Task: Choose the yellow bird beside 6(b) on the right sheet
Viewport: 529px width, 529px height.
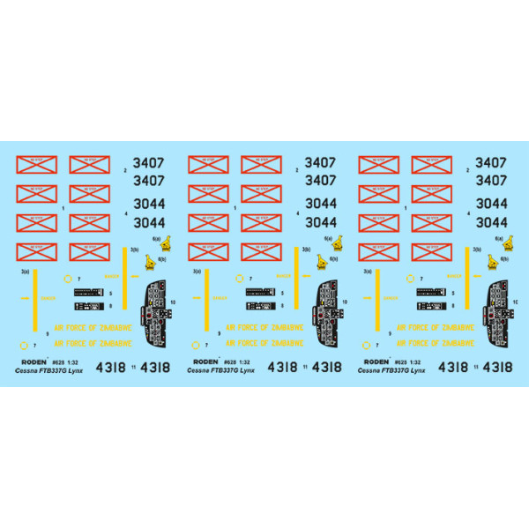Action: point(495,262)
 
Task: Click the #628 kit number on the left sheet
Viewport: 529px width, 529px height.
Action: point(57,361)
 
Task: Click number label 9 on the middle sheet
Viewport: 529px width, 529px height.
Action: point(218,334)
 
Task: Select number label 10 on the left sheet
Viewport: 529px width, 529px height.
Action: point(173,302)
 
